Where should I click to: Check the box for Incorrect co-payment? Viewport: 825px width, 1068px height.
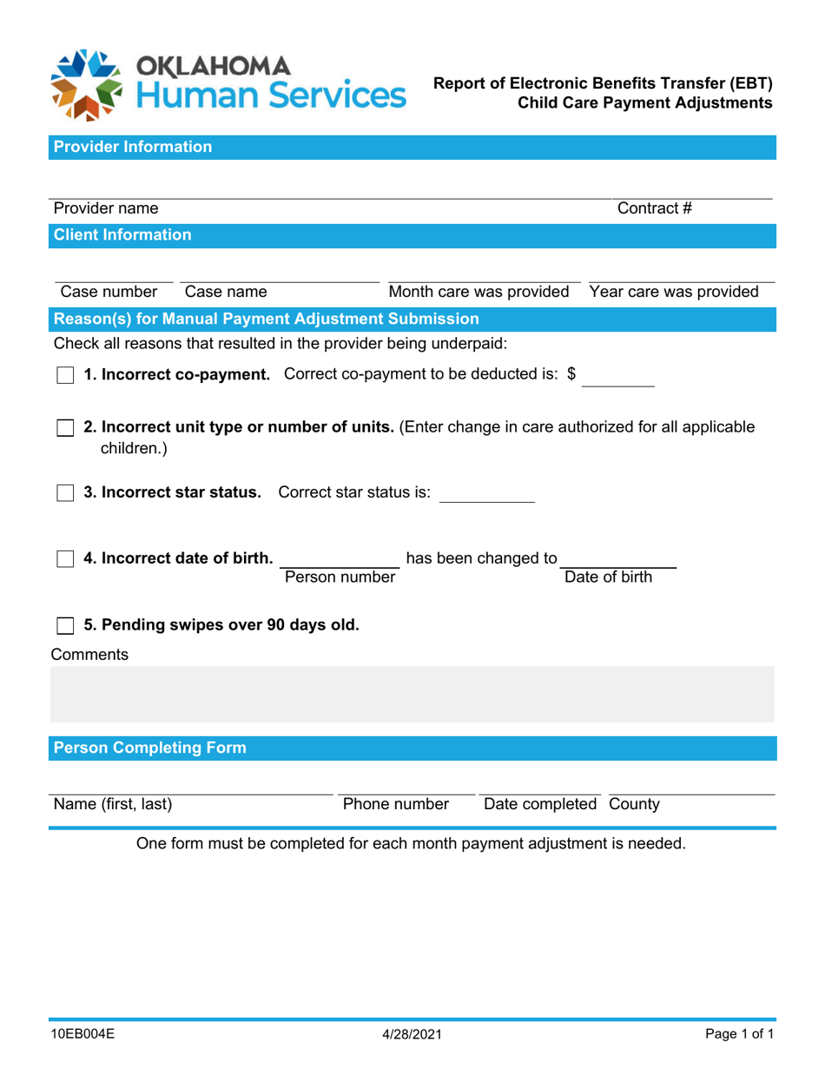pyautogui.click(x=65, y=375)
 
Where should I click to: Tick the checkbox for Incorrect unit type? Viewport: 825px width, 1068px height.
pyautogui.click(x=65, y=428)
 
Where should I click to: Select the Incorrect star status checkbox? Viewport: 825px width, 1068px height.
pyautogui.click(x=65, y=493)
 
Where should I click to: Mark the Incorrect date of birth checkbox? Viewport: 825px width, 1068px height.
pyautogui.click(x=65, y=558)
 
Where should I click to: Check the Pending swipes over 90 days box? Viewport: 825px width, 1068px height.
pyautogui.click(x=65, y=625)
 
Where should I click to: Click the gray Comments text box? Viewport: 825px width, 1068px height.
pyautogui.click(x=412, y=695)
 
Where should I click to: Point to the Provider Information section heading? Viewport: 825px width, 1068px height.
pyautogui.click(x=133, y=147)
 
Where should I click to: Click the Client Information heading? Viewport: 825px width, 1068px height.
pyautogui.click(x=122, y=234)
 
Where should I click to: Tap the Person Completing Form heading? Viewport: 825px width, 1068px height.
pyautogui.click(x=150, y=748)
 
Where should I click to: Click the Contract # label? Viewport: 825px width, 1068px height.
pyautogui.click(x=654, y=208)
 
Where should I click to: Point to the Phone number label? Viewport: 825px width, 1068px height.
pyautogui.click(x=396, y=804)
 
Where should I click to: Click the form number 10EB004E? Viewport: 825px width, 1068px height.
pyautogui.click(x=83, y=1035)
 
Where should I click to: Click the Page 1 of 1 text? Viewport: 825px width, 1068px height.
pyautogui.click(x=738, y=1035)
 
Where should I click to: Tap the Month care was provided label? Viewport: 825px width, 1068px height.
pyautogui.click(x=478, y=292)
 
